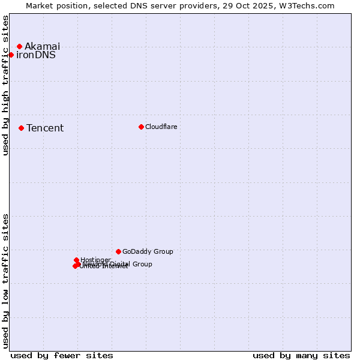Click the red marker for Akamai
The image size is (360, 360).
19,46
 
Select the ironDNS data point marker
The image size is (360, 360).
11,55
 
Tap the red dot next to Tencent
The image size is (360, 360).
21,128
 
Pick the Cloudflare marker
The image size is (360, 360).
141,127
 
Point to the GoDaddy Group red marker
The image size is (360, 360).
118,251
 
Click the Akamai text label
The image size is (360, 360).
42,46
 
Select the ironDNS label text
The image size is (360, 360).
36,55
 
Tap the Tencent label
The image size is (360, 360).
45,128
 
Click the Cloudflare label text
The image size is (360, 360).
161,127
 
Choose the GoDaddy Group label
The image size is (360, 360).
148,251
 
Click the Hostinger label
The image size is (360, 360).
95,260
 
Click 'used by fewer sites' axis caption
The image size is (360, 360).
62,355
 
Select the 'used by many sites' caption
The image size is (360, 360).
301,355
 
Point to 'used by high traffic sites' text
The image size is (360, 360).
6,85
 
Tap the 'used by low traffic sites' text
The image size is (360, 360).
6,281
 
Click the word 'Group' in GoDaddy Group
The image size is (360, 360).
163,251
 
